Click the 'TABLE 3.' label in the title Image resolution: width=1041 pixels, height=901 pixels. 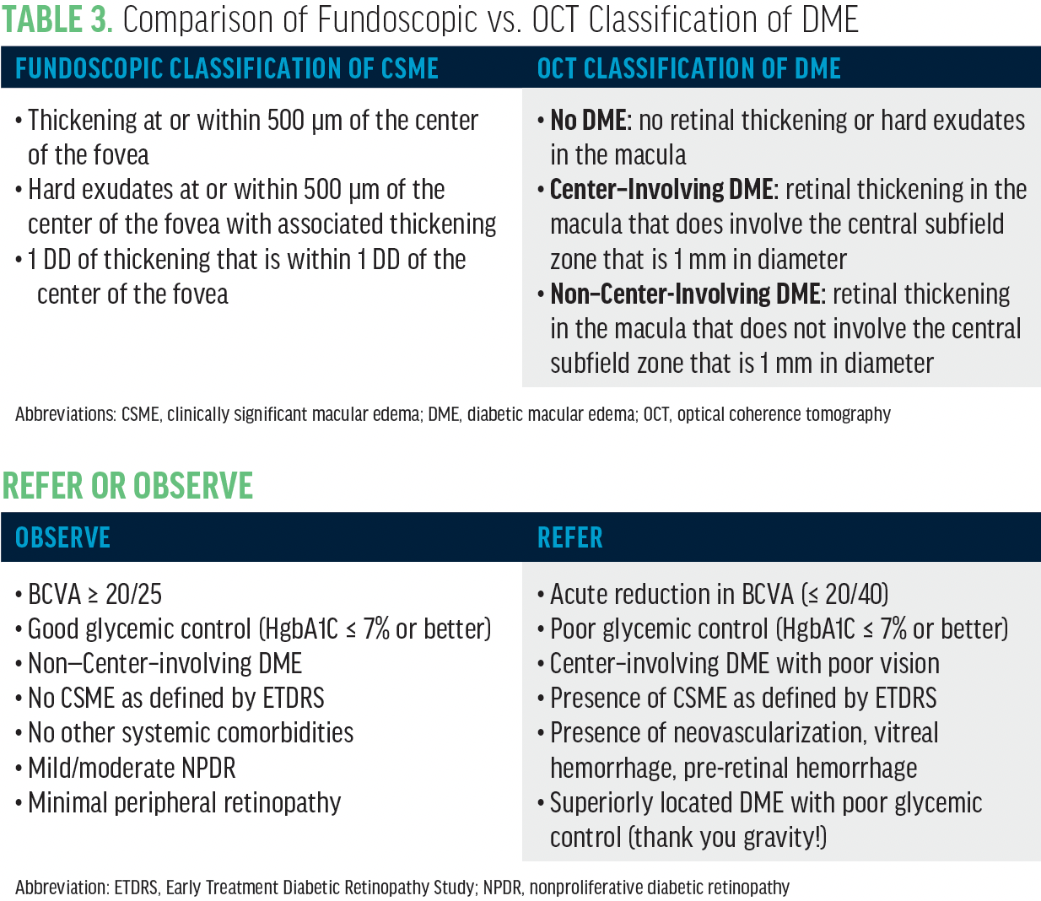(57, 19)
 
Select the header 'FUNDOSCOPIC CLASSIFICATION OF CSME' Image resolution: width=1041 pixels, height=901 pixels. (227, 68)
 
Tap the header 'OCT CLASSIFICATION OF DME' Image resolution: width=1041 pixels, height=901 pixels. (688, 68)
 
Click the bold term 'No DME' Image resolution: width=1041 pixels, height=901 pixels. (588, 121)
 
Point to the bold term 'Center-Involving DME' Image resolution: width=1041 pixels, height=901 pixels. (661, 190)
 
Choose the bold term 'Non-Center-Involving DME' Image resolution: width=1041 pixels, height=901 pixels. (685, 294)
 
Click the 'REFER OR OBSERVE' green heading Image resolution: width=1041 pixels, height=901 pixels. (127, 486)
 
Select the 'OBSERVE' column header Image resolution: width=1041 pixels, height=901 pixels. (62, 538)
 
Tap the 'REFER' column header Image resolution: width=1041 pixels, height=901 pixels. (570, 538)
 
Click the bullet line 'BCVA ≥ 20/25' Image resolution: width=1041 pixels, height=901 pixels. (94, 594)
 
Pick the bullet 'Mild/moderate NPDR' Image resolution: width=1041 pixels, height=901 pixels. (132, 768)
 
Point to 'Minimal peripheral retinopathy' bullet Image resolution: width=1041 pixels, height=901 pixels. (184, 802)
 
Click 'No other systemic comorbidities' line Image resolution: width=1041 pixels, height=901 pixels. (191, 732)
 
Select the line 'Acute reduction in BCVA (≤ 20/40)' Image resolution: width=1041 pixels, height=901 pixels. (719, 594)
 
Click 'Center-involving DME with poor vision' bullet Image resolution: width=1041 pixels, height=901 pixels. (744, 663)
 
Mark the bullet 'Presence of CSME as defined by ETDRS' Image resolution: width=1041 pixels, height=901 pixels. (743, 698)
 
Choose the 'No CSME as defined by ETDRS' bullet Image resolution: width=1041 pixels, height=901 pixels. (175, 698)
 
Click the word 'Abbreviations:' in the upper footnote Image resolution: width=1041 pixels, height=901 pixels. (66, 414)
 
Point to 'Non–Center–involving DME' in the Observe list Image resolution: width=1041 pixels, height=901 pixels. (165, 663)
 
